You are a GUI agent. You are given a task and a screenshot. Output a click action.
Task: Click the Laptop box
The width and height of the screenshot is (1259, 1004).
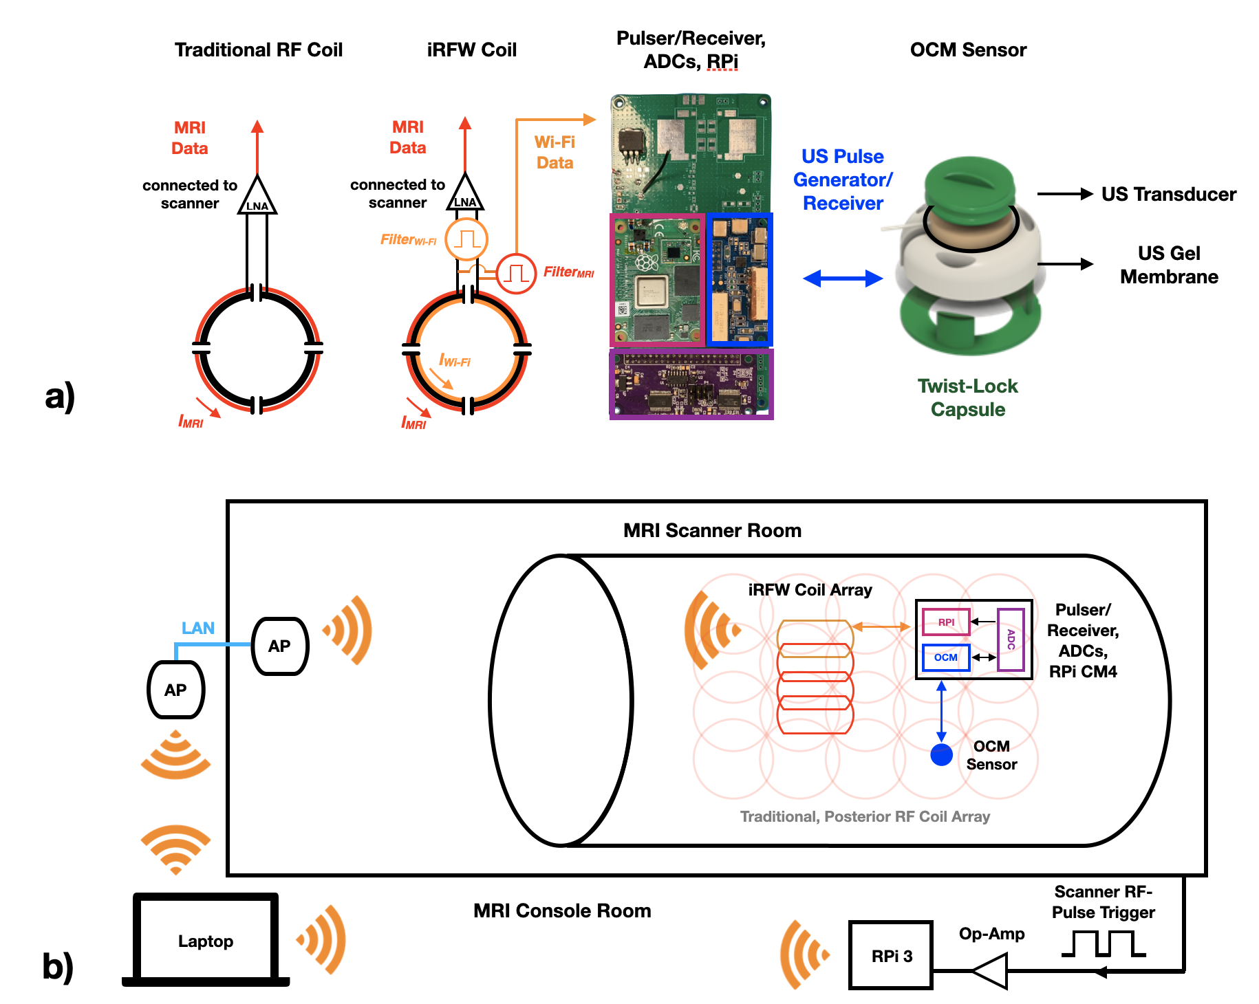(206, 939)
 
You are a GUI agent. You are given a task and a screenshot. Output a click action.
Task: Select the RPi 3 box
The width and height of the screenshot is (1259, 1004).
(891, 955)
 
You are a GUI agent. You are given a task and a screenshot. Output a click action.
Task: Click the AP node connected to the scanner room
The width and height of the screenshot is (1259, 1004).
(280, 646)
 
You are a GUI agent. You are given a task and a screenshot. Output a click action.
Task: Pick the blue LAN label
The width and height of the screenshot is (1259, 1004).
(198, 628)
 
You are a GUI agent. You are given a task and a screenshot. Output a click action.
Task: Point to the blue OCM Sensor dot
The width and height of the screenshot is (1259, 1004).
(941, 754)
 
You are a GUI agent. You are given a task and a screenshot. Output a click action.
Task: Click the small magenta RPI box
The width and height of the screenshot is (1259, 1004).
(946, 622)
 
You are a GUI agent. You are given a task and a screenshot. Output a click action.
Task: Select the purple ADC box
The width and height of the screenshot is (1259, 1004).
(1011, 640)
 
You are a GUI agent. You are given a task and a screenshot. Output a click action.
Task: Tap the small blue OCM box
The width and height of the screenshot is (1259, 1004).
(946, 657)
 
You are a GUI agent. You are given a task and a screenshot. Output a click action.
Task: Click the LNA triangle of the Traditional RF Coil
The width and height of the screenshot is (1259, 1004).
(257, 197)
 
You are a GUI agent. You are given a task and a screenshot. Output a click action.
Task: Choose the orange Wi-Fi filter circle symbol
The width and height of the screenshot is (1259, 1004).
(466, 239)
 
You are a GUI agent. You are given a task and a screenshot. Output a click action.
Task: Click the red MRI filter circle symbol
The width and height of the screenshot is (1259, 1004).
(516, 273)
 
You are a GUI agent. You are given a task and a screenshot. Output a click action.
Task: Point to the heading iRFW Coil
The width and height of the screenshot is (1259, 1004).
(471, 50)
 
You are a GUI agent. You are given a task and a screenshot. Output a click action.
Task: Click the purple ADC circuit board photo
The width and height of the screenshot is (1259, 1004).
(691, 384)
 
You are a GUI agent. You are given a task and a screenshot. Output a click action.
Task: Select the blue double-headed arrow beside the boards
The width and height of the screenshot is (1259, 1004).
(843, 279)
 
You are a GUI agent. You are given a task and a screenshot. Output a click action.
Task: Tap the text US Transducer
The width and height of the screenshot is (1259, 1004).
(1168, 195)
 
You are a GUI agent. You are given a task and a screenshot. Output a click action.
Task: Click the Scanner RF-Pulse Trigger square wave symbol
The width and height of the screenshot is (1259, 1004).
(1104, 943)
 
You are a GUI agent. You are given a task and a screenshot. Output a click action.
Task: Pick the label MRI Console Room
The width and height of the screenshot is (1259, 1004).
(562, 910)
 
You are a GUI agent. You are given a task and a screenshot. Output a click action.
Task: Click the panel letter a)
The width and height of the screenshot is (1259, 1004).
(60, 397)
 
